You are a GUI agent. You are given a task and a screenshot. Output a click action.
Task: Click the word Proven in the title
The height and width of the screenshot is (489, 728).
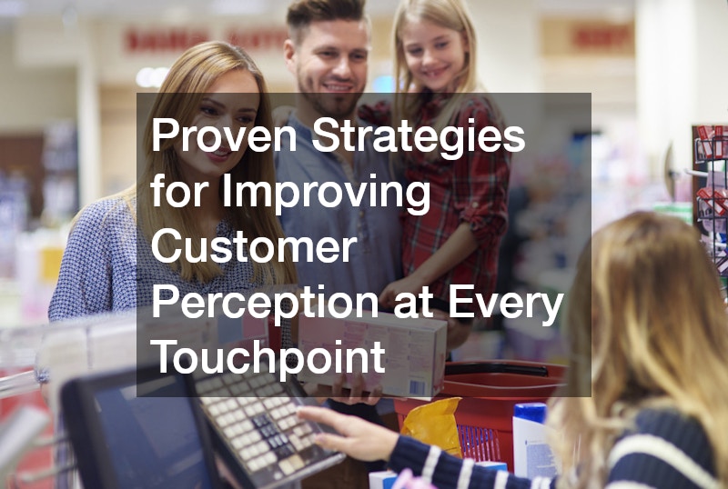(224, 135)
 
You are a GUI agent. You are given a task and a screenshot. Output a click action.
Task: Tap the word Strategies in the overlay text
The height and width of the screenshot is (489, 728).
(419, 139)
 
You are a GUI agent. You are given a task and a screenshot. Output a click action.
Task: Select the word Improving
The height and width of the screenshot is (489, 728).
(326, 194)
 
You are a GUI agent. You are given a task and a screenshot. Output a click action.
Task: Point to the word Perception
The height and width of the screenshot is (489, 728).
(265, 305)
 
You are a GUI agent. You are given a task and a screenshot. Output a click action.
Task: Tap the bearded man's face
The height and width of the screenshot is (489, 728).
(333, 68)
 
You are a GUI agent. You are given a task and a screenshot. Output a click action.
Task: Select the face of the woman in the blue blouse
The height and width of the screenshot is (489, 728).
(223, 121)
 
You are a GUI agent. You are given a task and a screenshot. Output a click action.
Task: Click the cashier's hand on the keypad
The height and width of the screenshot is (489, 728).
(349, 433)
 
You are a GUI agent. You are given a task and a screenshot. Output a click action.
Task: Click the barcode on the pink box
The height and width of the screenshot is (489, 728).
(417, 388)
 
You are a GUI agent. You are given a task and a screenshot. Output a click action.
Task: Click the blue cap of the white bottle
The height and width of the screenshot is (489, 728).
(530, 412)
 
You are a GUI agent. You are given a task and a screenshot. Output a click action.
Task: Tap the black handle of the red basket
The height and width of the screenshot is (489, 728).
(496, 369)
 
